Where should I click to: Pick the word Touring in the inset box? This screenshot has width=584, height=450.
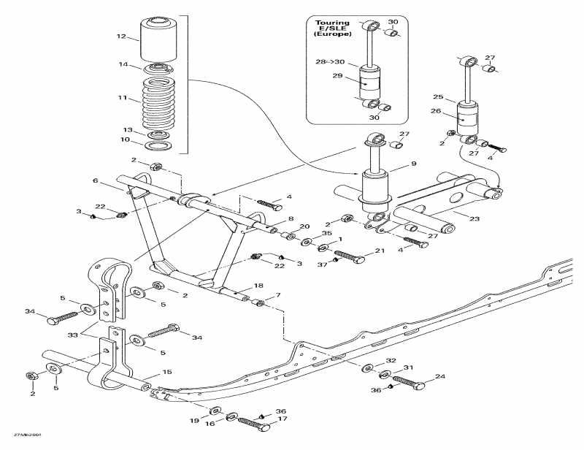pos(332,23)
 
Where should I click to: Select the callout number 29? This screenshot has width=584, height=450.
pos(338,76)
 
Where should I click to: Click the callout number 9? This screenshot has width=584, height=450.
pos(413,164)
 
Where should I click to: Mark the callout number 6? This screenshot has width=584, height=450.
pos(95,180)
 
